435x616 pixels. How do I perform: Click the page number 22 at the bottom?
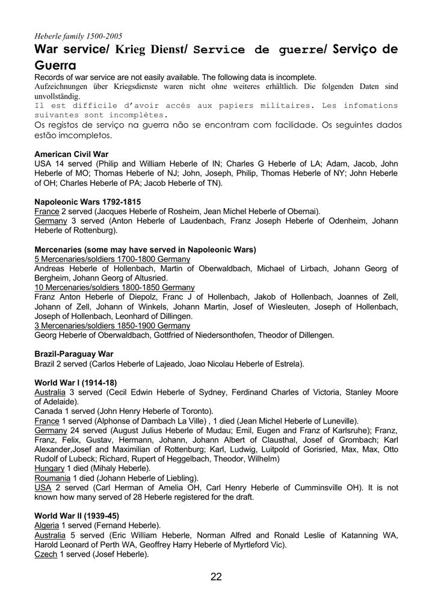217,577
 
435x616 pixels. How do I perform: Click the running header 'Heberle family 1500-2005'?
78,36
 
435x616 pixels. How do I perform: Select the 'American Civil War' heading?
72,154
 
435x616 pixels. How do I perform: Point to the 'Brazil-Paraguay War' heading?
74,354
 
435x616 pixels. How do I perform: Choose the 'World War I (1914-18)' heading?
76,383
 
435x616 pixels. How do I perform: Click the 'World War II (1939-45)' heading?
77,516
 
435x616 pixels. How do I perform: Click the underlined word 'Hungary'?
49,468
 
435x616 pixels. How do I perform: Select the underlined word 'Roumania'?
52,478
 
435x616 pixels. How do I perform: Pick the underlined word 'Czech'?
46,554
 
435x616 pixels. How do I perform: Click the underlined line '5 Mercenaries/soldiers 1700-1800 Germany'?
113,259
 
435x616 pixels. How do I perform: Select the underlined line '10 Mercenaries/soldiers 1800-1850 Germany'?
114,288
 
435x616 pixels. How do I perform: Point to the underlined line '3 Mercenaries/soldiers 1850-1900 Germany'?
113,325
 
